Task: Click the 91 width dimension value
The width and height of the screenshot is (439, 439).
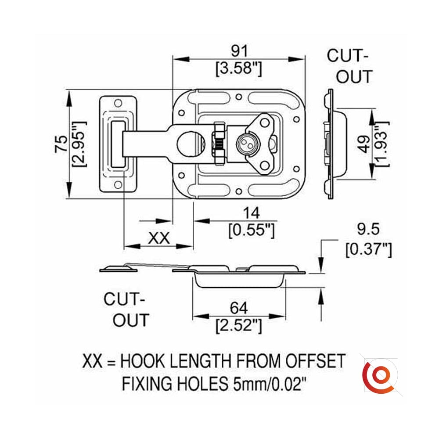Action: (x=239, y=51)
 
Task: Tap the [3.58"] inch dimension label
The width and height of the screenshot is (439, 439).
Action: (x=239, y=69)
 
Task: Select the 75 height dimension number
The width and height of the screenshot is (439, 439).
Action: (x=60, y=144)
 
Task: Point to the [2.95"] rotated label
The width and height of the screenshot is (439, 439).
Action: (x=79, y=144)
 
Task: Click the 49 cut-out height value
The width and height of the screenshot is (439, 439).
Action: (x=363, y=144)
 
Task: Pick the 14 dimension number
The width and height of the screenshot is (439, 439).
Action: (x=252, y=213)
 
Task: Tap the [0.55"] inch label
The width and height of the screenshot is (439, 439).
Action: (x=252, y=230)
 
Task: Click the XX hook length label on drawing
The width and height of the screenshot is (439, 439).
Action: (x=158, y=238)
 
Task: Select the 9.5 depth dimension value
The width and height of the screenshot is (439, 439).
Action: (x=368, y=229)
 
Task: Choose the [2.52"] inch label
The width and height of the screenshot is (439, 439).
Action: (x=239, y=326)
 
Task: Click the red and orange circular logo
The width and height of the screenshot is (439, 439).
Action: (x=377, y=376)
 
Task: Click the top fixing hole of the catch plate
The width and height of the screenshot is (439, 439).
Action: (x=118, y=104)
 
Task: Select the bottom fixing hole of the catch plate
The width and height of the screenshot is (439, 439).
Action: (x=118, y=184)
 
